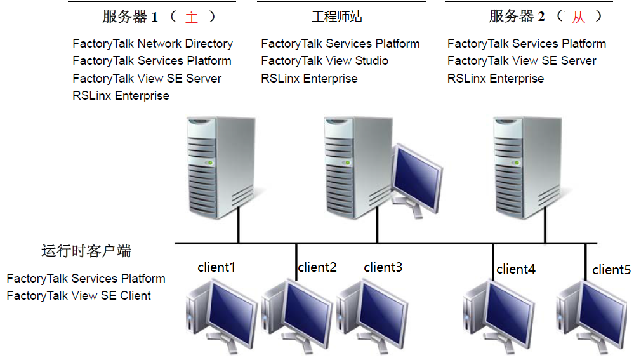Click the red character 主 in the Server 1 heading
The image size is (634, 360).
coord(192,18)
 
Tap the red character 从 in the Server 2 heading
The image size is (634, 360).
coord(578,18)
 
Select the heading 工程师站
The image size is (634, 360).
coord(337,17)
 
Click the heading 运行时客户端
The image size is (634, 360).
coord(86,251)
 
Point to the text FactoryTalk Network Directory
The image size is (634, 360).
coord(152,44)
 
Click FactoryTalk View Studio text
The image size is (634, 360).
coord(324,61)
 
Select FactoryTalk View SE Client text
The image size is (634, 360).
coord(79,295)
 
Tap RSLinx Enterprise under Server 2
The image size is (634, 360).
coord(495,79)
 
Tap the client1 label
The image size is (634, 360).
coord(216,267)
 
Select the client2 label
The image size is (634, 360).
coord(317,267)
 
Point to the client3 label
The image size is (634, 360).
coord(383,267)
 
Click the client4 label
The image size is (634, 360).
coord(516,269)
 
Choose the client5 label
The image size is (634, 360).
coord(611,270)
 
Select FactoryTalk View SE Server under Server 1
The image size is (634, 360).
coord(147,79)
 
